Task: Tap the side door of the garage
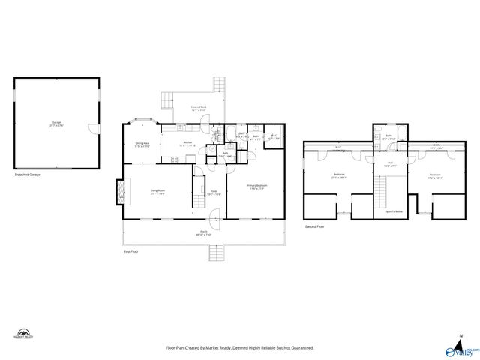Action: (x=95, y=127)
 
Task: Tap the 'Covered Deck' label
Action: (x=198, y=108)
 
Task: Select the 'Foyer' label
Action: (x=214, y=191)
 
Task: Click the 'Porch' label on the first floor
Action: (x=203, y=232)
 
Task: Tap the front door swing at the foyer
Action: (x=216, y=222)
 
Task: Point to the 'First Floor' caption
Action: (x=131, y=251)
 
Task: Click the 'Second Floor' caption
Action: (x=314, y=226)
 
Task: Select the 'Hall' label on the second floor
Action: (x=390, y=163)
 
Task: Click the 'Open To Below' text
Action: (x=394, y=211)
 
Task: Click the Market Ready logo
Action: (x=24, y=334)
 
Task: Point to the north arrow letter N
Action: (x=460, y=336)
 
